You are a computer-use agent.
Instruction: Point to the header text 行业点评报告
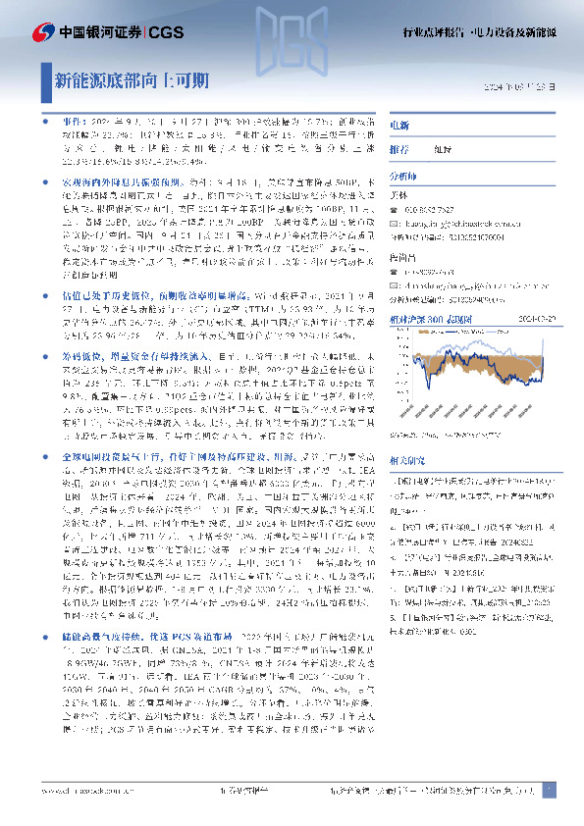click(434, 31)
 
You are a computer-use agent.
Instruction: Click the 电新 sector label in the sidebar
click(399, 127)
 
